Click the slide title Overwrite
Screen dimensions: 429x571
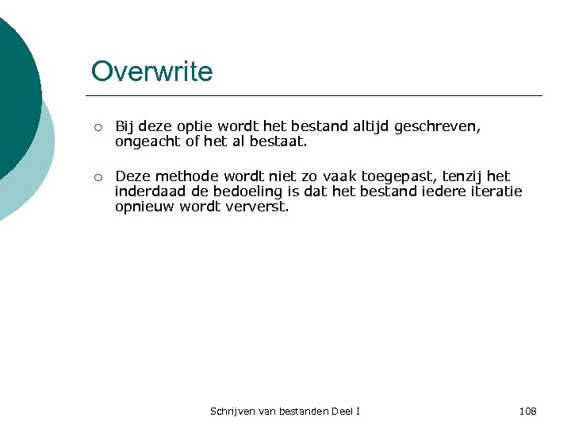tap(151, 71)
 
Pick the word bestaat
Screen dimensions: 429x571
tap(278, 143)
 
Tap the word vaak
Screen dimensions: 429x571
tap(339, 176)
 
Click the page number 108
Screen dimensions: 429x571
tap(527, 411)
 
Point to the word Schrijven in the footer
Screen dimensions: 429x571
tap(230, 411)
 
